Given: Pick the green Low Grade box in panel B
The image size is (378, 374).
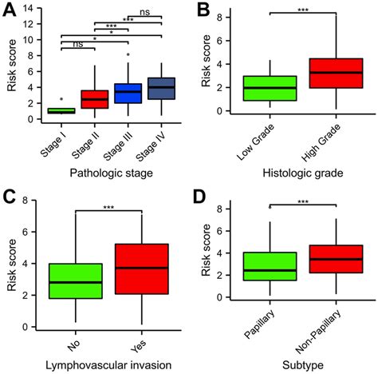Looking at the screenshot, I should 264,88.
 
